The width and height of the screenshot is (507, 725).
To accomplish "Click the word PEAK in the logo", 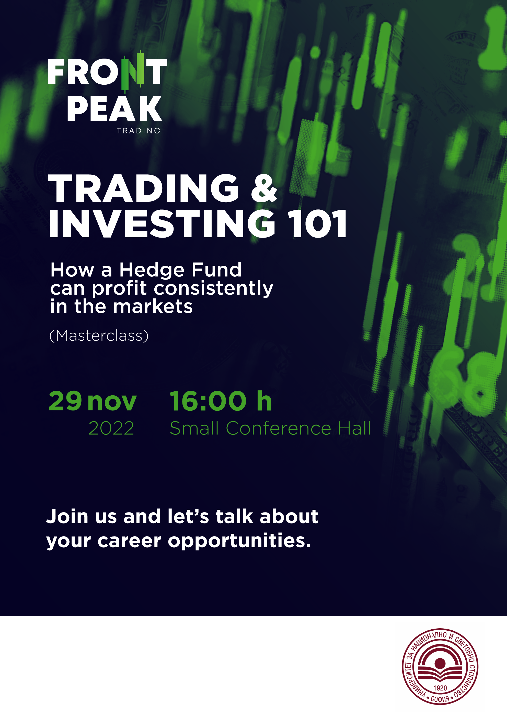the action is (114, 109).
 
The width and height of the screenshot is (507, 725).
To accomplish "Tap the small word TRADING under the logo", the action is (139, 131).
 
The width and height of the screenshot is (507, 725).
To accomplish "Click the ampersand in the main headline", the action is (264, 188).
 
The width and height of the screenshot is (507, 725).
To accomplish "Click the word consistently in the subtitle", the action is (213, 289).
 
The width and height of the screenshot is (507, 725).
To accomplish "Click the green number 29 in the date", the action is (65, 401).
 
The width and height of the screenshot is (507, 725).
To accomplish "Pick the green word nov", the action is (112, 402).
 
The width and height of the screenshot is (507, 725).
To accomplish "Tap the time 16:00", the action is (208, 401).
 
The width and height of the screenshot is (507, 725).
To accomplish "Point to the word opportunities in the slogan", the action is (239, 542).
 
